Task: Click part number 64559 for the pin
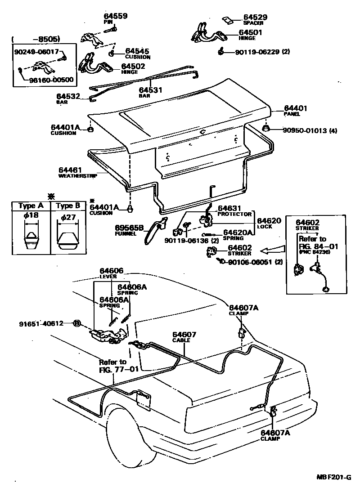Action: pyautogui.click(x=115, y=16)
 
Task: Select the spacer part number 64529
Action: pyautogui.click(x=255, y=17)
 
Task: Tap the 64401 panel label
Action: pyautogui.click(x=295, y=108)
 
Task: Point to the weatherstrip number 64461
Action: pyautogui.click(x=70, y=170)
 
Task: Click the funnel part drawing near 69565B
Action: pyautogui.click(x=155, y=231)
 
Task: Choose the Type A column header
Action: pyautogui.click(x=30, y=206)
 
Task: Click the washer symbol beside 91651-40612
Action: pyautogui.click(x=76, y=323)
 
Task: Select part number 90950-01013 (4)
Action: pyautogui.click(x=310, y=131)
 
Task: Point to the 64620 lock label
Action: pyautogui.click(x=269, y=221)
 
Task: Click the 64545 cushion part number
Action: pyautogui.click(x=137, y=51)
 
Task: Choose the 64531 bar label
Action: pyautogui.click(x=150, y=90)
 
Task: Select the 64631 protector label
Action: pyautogui.click(x=230, y=209)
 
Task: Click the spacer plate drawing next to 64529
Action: pyautogui.click(x=228, y=20)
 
